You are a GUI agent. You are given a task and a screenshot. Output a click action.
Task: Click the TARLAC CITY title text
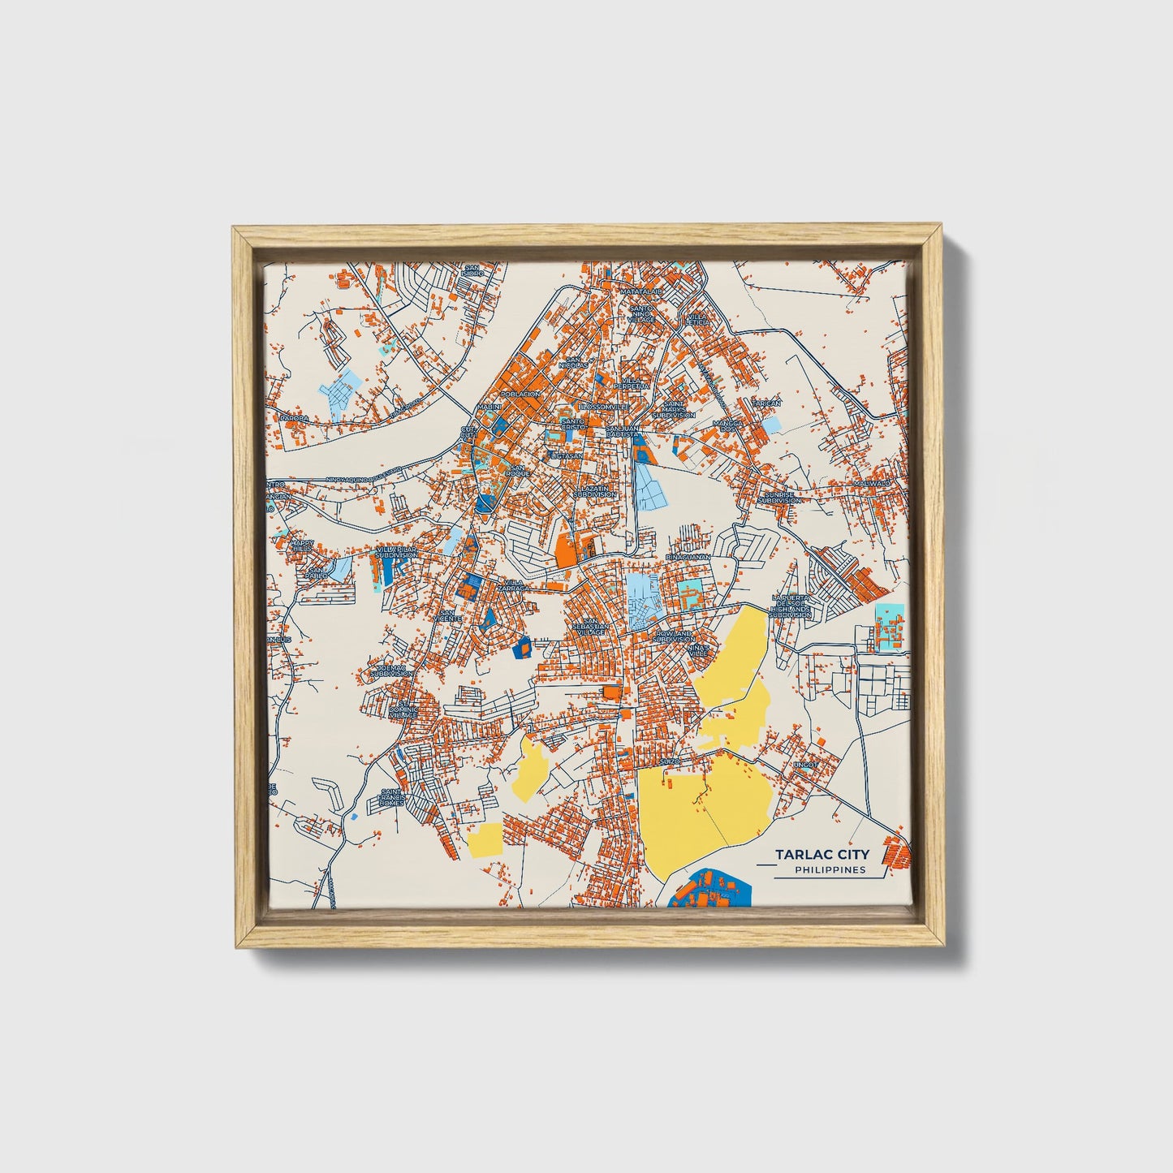[822, 854]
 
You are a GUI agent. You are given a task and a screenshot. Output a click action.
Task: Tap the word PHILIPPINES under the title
[830, 870]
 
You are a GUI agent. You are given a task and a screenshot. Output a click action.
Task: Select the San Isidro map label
[472, 270]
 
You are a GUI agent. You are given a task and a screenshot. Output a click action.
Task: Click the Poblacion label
[521, 394]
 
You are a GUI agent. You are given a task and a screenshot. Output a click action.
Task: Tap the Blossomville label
[604, 406]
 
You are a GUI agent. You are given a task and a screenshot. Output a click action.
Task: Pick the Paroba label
[294, 418]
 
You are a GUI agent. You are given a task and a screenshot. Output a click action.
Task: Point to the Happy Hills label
[302, 546]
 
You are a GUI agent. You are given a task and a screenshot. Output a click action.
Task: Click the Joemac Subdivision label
[391, 671]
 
